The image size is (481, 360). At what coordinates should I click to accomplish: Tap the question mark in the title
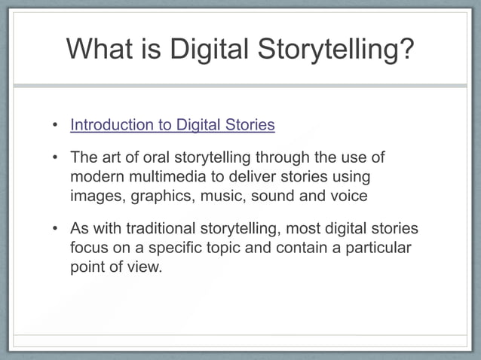click(x=406, y=49)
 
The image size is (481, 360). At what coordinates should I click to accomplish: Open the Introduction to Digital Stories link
click(x=172, y=125)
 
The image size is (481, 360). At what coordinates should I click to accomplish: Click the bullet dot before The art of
click(x=55, y=158)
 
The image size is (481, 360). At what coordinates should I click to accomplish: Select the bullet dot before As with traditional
click(x=55, y=229)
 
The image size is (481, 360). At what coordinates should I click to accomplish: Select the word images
click(x=97, y=196)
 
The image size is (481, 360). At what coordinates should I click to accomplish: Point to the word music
click(x=222, y=196)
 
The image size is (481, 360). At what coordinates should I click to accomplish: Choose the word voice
click(x=349, y=196)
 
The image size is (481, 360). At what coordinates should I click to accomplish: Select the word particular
click(x=375, y=248)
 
